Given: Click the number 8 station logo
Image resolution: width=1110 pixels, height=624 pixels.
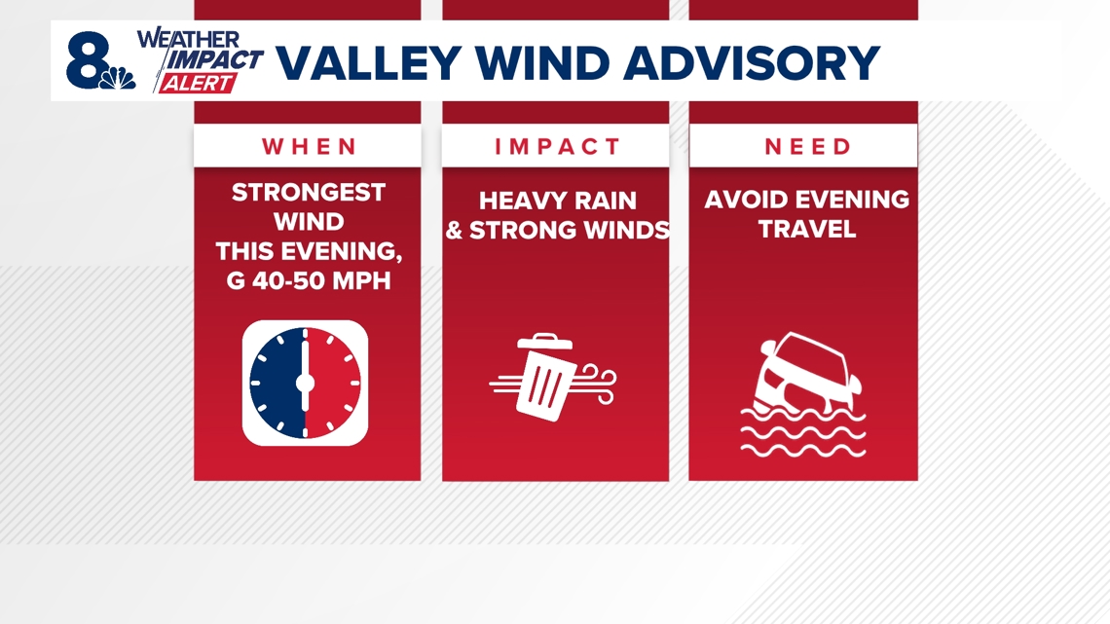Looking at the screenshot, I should pyautogui.click(x=91, y=60).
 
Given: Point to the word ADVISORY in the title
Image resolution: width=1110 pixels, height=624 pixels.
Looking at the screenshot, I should pyautogui.click(x=754, y=63).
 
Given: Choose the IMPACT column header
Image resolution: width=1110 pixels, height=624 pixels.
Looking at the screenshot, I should pyautogui.click(x=556, y=147).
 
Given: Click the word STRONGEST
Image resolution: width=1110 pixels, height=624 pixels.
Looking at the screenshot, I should pyautogui.click(x=308, y=193).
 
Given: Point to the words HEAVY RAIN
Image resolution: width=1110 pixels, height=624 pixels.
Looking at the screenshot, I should pyautogui.click(x=557, y=202).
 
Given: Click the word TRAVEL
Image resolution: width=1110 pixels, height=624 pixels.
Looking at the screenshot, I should pyautogui.click(x=806, y=230).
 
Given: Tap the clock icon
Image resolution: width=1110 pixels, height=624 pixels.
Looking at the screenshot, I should pyautogui.click(x=305, y=383).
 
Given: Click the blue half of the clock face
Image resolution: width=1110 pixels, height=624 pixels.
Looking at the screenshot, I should pyautogui.click(x=278, y=383).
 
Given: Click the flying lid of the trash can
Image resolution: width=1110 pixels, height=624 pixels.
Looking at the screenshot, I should pyautogui.click(x=544, y=341).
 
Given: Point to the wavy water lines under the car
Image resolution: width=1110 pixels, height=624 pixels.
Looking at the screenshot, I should pyautogui.click(x=802, y=433).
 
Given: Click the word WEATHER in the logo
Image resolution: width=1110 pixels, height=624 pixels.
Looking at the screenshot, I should pyautogui.click(x=188, y=39).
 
